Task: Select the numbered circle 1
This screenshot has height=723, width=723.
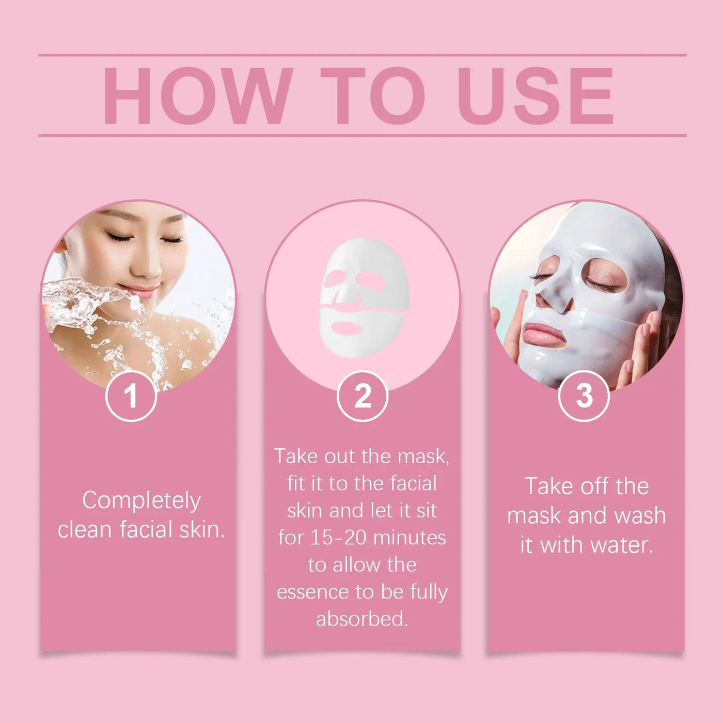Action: tap(131, 396)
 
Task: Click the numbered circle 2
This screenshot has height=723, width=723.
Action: tap(363, 396)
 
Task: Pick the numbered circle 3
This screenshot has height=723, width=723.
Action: tap(584, 396)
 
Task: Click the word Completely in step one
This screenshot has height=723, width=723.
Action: tap(142, 500)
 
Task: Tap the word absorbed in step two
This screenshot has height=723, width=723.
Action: tap(361, 619)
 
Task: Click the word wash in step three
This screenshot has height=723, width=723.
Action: tap(640, 515)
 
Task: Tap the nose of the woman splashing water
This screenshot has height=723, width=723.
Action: tap(150, 269)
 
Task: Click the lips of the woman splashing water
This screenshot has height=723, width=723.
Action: tap(139, 292)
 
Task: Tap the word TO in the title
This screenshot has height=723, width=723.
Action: tap(373, 96)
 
